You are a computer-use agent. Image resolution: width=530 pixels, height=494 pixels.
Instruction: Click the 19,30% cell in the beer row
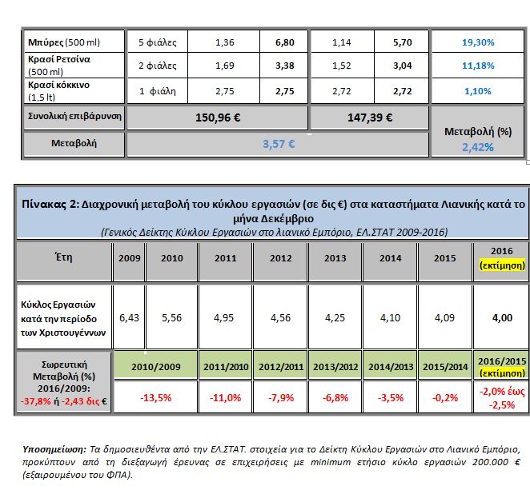click(478, 42)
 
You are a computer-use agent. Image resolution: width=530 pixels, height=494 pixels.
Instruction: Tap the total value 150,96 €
click(217, 117)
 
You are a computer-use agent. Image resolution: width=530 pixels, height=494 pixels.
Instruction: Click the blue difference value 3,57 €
click(279, 145)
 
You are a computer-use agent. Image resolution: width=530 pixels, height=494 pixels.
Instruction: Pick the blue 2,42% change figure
click(477, 147)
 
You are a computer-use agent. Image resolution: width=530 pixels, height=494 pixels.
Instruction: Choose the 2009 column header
click(128, 259)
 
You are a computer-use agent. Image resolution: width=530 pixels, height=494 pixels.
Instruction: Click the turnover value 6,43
click(128, 317)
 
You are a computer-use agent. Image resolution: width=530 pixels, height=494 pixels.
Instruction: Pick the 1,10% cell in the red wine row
click(478, 91)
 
